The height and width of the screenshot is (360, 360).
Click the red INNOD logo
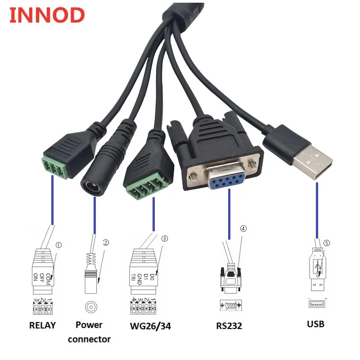[47, 15]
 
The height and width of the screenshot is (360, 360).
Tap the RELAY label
[42, 325]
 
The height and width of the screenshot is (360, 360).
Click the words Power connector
[89, 332]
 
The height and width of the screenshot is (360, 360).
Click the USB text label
[315, 324]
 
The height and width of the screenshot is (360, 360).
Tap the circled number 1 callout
[58, 245]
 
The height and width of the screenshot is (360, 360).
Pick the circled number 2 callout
[106, 243]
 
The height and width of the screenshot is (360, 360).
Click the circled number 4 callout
[243, 228]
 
